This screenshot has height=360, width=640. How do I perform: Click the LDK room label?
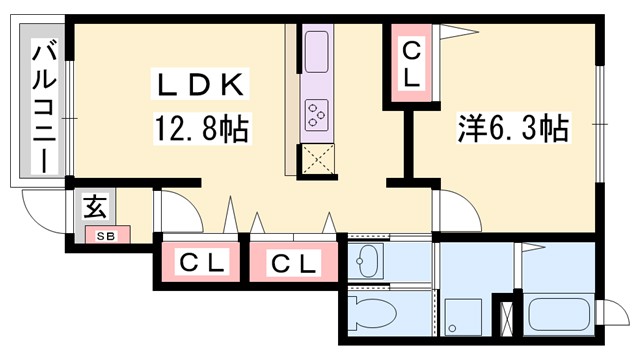coord(197,86)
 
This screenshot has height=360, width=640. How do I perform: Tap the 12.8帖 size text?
coord(200,128)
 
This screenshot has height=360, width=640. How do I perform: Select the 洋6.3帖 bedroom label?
coord(514,128)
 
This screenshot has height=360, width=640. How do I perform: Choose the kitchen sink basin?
coord(316,51)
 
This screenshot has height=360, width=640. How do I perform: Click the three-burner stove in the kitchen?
coord(317,115)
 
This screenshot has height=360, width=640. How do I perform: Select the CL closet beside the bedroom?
coord(411,62)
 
